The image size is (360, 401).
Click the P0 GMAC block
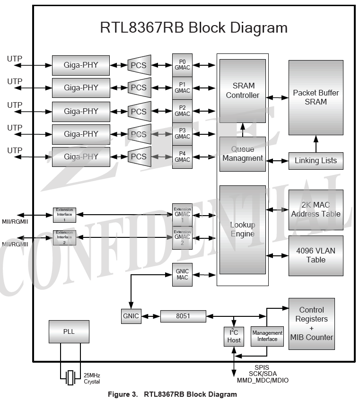point(182,65)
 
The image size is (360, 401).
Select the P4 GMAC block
point(182,157)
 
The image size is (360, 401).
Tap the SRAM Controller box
point(243,90)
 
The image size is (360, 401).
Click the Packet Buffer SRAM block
point(316,97)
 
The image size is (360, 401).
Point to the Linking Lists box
point(316,161)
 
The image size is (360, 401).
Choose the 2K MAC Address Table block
point(316,209)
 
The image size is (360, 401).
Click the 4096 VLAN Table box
point(316,255)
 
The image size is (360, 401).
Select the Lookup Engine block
point(243,229)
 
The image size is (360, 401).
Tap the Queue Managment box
point(243,154)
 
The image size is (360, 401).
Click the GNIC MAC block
point(182,274)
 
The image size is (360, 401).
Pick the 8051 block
point(183,316)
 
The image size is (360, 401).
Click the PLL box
point(69,331)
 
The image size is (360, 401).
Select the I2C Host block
point(234,336)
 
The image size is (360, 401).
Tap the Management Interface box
point(267,336)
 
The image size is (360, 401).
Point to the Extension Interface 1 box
point(64,215)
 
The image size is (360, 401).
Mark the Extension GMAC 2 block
point(182,237)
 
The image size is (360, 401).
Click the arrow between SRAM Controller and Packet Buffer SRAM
point(277,97)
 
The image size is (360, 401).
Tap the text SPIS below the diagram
point(262,367)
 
